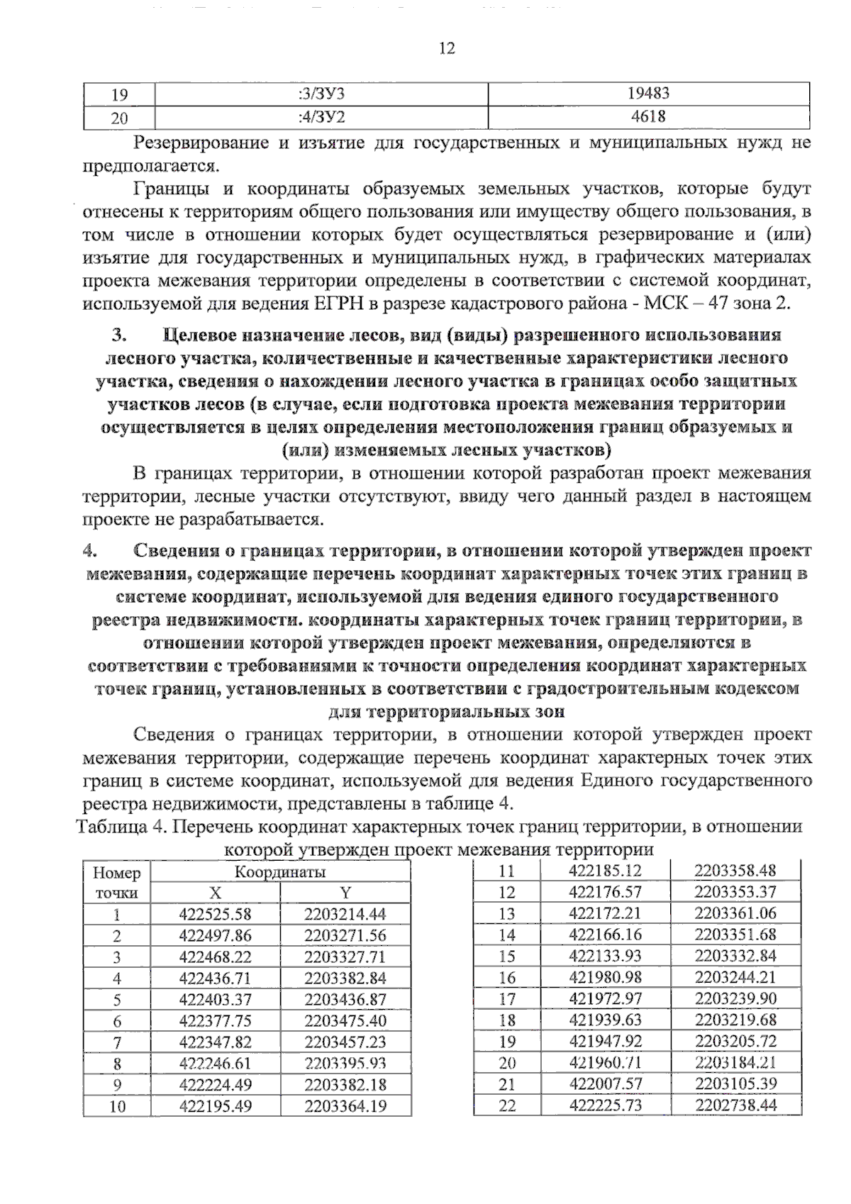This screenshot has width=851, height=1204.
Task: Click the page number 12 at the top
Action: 447,48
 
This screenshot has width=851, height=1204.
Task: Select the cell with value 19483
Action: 648,94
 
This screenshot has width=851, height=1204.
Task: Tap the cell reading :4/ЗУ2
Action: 321,117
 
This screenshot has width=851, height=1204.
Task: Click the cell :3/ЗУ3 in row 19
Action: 321,94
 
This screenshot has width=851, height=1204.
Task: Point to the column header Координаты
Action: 280,871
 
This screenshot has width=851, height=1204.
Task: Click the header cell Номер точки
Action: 117,882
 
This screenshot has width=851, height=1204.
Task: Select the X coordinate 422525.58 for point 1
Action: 215,915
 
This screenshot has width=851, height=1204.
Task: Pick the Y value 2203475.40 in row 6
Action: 345,1021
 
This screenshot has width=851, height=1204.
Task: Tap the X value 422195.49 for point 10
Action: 215,1106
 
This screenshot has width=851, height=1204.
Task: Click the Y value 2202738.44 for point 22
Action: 735,1105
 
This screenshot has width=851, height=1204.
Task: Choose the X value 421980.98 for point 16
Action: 606,977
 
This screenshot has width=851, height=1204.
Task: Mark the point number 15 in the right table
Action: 506,956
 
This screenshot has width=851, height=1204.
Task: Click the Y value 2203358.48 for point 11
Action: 735,870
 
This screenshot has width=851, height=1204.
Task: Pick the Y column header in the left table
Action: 345,893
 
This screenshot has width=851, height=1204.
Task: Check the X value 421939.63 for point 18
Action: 606,1020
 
